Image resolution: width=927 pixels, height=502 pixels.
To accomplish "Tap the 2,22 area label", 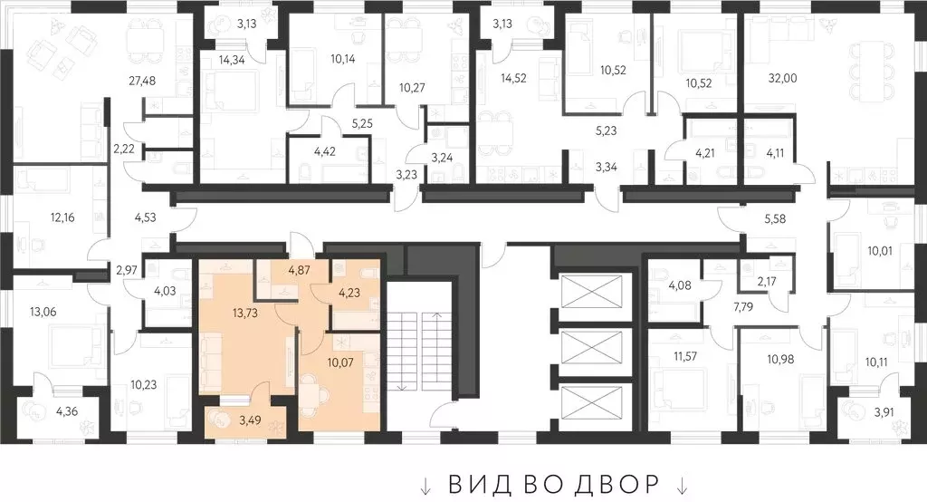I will point(123,148).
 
